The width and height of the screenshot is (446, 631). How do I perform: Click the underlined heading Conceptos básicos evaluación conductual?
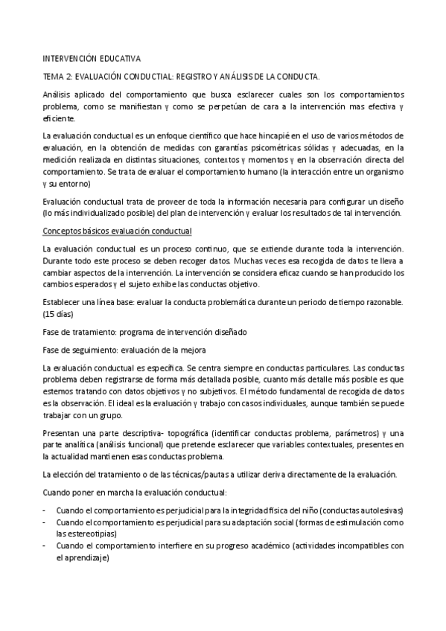pos(118,231)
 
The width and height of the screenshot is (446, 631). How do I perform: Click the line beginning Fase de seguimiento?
pos(128,348)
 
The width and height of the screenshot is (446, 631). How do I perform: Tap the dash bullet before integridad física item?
pos(45,510)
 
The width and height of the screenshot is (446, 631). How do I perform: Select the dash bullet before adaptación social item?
pos(45,522)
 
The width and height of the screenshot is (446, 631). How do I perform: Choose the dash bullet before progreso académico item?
pos(45,545)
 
